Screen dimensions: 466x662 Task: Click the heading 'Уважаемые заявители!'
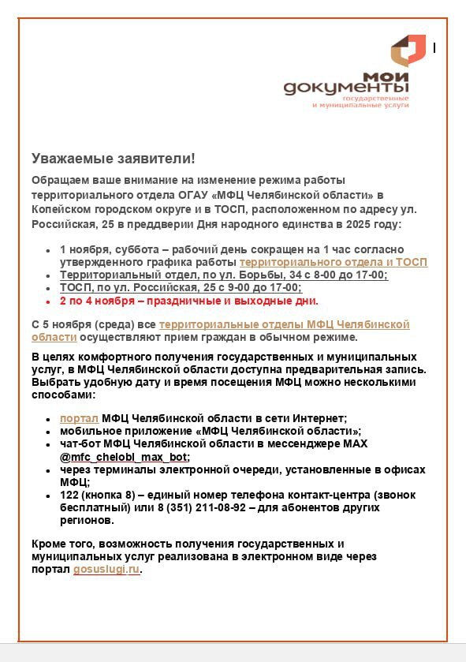(113, 159)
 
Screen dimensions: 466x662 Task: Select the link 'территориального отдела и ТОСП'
(333, 262)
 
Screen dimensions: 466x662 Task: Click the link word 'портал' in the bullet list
(79, 418)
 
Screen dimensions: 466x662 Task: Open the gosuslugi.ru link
(106, 570)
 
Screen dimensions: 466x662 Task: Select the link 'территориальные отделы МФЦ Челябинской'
(284, 325)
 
